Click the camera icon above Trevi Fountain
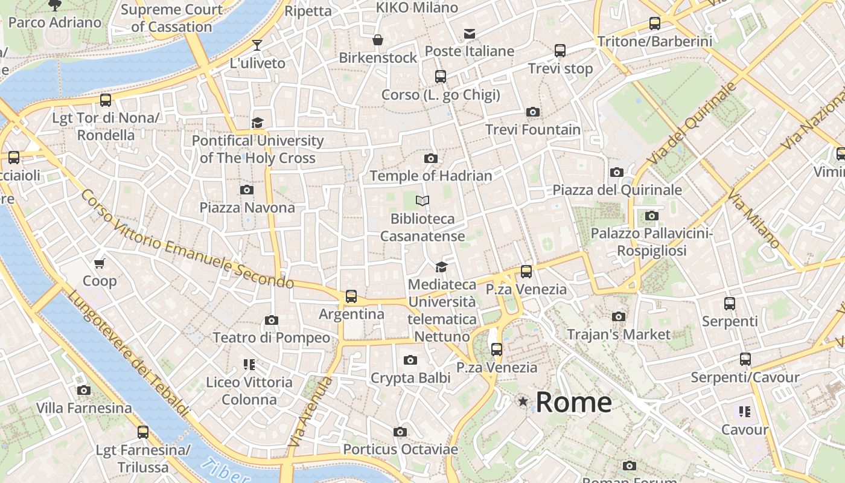[x=532, y=112]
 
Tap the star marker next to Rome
[x=523, y=401]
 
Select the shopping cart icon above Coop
[x=100, y=263]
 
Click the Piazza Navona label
[x=247, y=208]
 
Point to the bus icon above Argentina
[x=351, y=296]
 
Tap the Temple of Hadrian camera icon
[x=431, y=158]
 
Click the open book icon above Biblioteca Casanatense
[x=422, y=200]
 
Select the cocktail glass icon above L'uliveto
[x=257, y=45]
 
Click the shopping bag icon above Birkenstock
[x=378, y=40]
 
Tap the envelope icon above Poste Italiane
[x=470, y=33]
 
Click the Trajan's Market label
[x=619, y=334]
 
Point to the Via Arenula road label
[x=310, y=412]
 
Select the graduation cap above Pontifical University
[x=258, y=123]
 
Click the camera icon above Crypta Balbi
[x=410, y=360]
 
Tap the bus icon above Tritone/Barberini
[x=655, y=24]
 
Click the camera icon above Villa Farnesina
[x=84, y=391]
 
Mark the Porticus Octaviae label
[x=400, y=449]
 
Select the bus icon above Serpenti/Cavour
[x=745, y=359]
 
